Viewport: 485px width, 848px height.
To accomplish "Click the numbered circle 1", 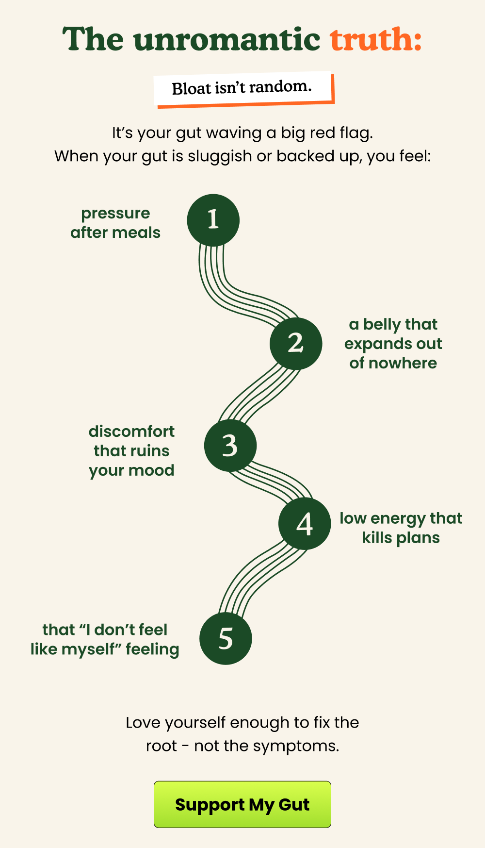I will click(213, 220).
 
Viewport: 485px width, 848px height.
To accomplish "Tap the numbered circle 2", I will click(296, 344).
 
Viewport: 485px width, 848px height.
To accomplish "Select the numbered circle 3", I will click(230, 446).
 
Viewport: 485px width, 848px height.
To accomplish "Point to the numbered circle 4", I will click(305, 524).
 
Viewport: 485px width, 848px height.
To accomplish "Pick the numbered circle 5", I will click(226, 638).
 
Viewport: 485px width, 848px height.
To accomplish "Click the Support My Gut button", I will click(242, 804).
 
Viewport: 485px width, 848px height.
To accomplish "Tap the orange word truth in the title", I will click(375, 40).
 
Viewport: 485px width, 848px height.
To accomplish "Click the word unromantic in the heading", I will click(226, 40).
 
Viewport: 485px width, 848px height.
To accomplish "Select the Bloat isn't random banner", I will click(242, 88).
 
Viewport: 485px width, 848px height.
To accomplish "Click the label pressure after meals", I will click(115, 223).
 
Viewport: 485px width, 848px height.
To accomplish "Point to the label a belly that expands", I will click(393, 344).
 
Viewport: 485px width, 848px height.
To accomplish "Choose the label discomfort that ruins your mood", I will click(131, 450).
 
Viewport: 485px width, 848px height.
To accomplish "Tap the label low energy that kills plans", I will click(401, 528).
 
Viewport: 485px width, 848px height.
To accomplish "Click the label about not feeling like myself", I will click(105, 639).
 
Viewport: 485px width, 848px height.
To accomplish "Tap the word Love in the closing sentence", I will click(144, 723).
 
